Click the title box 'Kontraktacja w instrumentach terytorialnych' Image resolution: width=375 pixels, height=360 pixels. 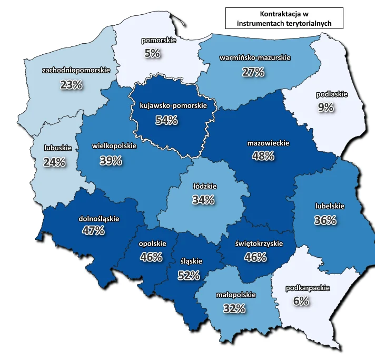click(x=283, y=18)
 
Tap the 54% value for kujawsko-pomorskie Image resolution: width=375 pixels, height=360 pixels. click(x=166, y=120)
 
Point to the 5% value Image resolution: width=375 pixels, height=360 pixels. click(x=153, y=53)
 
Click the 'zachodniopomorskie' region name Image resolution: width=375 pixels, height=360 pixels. click(x=76, y=70)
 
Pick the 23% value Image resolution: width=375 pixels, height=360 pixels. click(x=72, y=84)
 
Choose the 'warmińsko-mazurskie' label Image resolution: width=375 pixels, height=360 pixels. click(x=255, y=57)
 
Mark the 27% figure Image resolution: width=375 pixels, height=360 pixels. click(x=253, y=73)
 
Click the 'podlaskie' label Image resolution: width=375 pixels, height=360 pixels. click(x=332, y=95)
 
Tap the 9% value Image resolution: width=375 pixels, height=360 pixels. click(x=325, y=108)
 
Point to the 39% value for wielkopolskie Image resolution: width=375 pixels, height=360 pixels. click(x=111, y=161)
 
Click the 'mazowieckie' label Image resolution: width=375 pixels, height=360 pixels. click(x=268, y=142)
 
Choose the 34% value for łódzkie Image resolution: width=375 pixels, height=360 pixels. click(x=203, y=200)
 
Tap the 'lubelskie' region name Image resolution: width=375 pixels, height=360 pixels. click(x=330, y=206)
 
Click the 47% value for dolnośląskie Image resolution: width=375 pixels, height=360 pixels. click(x=94, y=230)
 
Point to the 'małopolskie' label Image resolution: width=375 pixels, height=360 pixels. click(x=236, y=295)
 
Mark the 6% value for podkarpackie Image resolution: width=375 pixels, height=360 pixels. click(x=301, y=301)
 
